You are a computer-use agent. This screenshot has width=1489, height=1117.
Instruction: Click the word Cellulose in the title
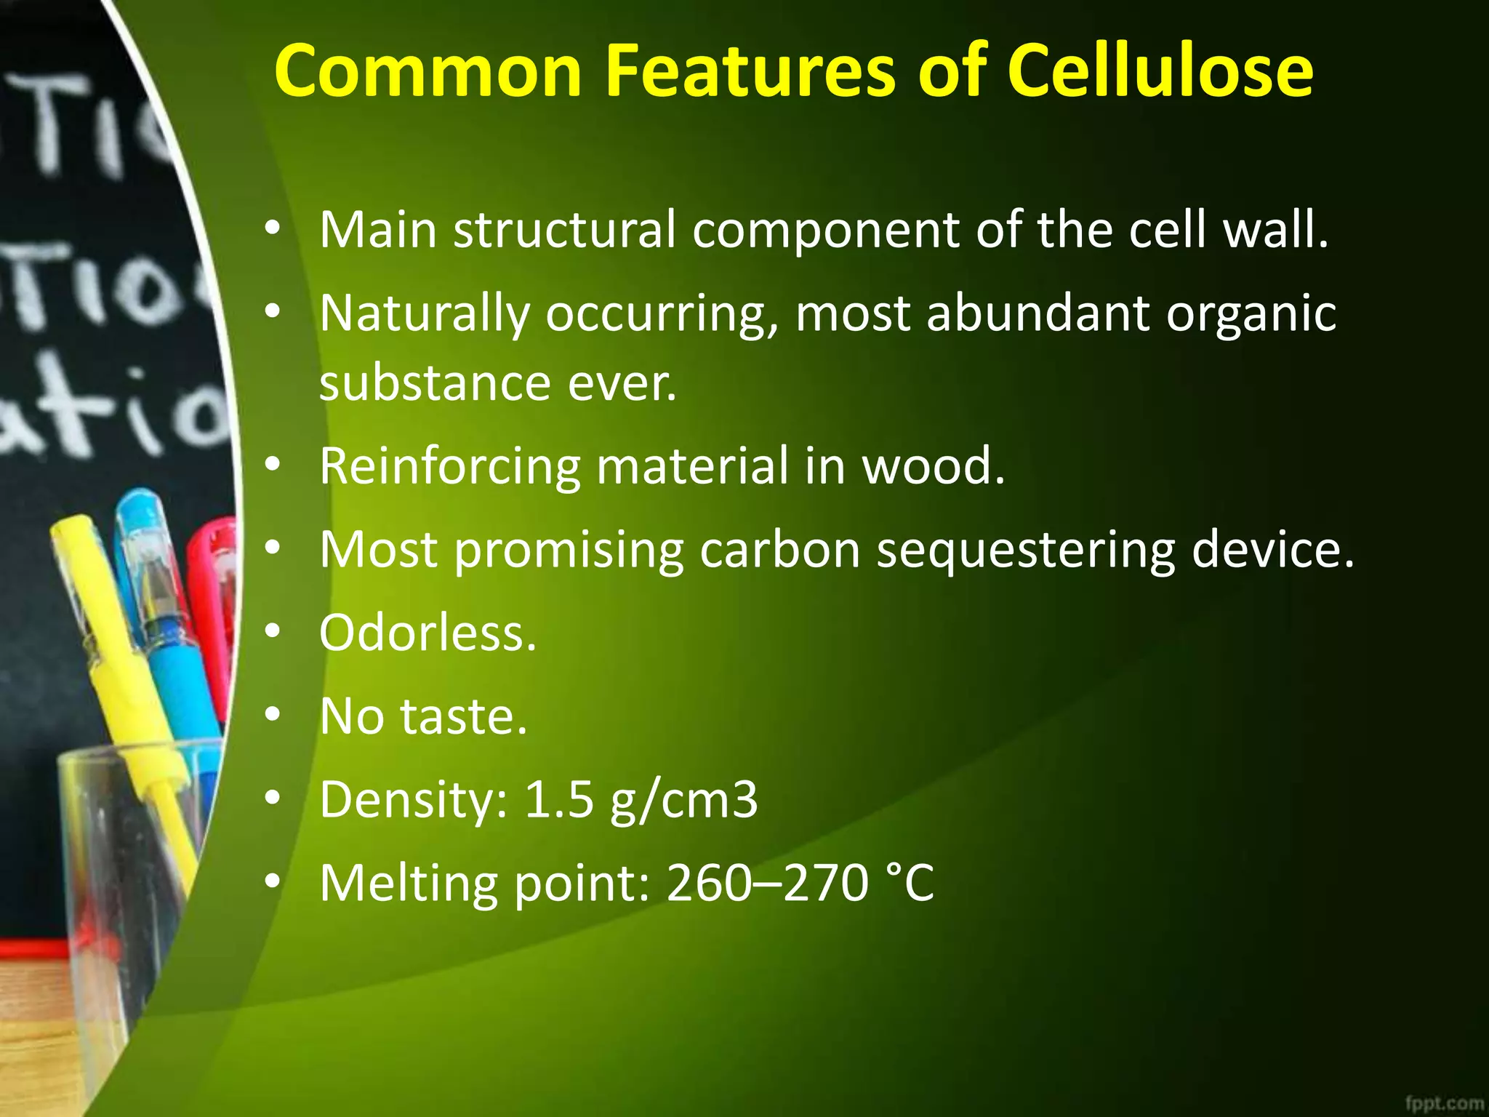[1160, 71]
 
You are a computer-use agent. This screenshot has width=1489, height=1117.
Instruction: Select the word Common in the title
[428, 71]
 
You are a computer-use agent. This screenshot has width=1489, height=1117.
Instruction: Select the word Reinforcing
[450, 466]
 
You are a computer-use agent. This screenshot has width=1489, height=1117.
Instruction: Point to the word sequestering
[1025, 550]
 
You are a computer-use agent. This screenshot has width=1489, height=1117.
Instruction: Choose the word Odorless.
[428, 633]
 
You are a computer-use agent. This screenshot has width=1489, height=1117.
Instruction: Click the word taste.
[464, 716]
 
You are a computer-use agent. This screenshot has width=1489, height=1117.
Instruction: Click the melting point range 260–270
[767, 884]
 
